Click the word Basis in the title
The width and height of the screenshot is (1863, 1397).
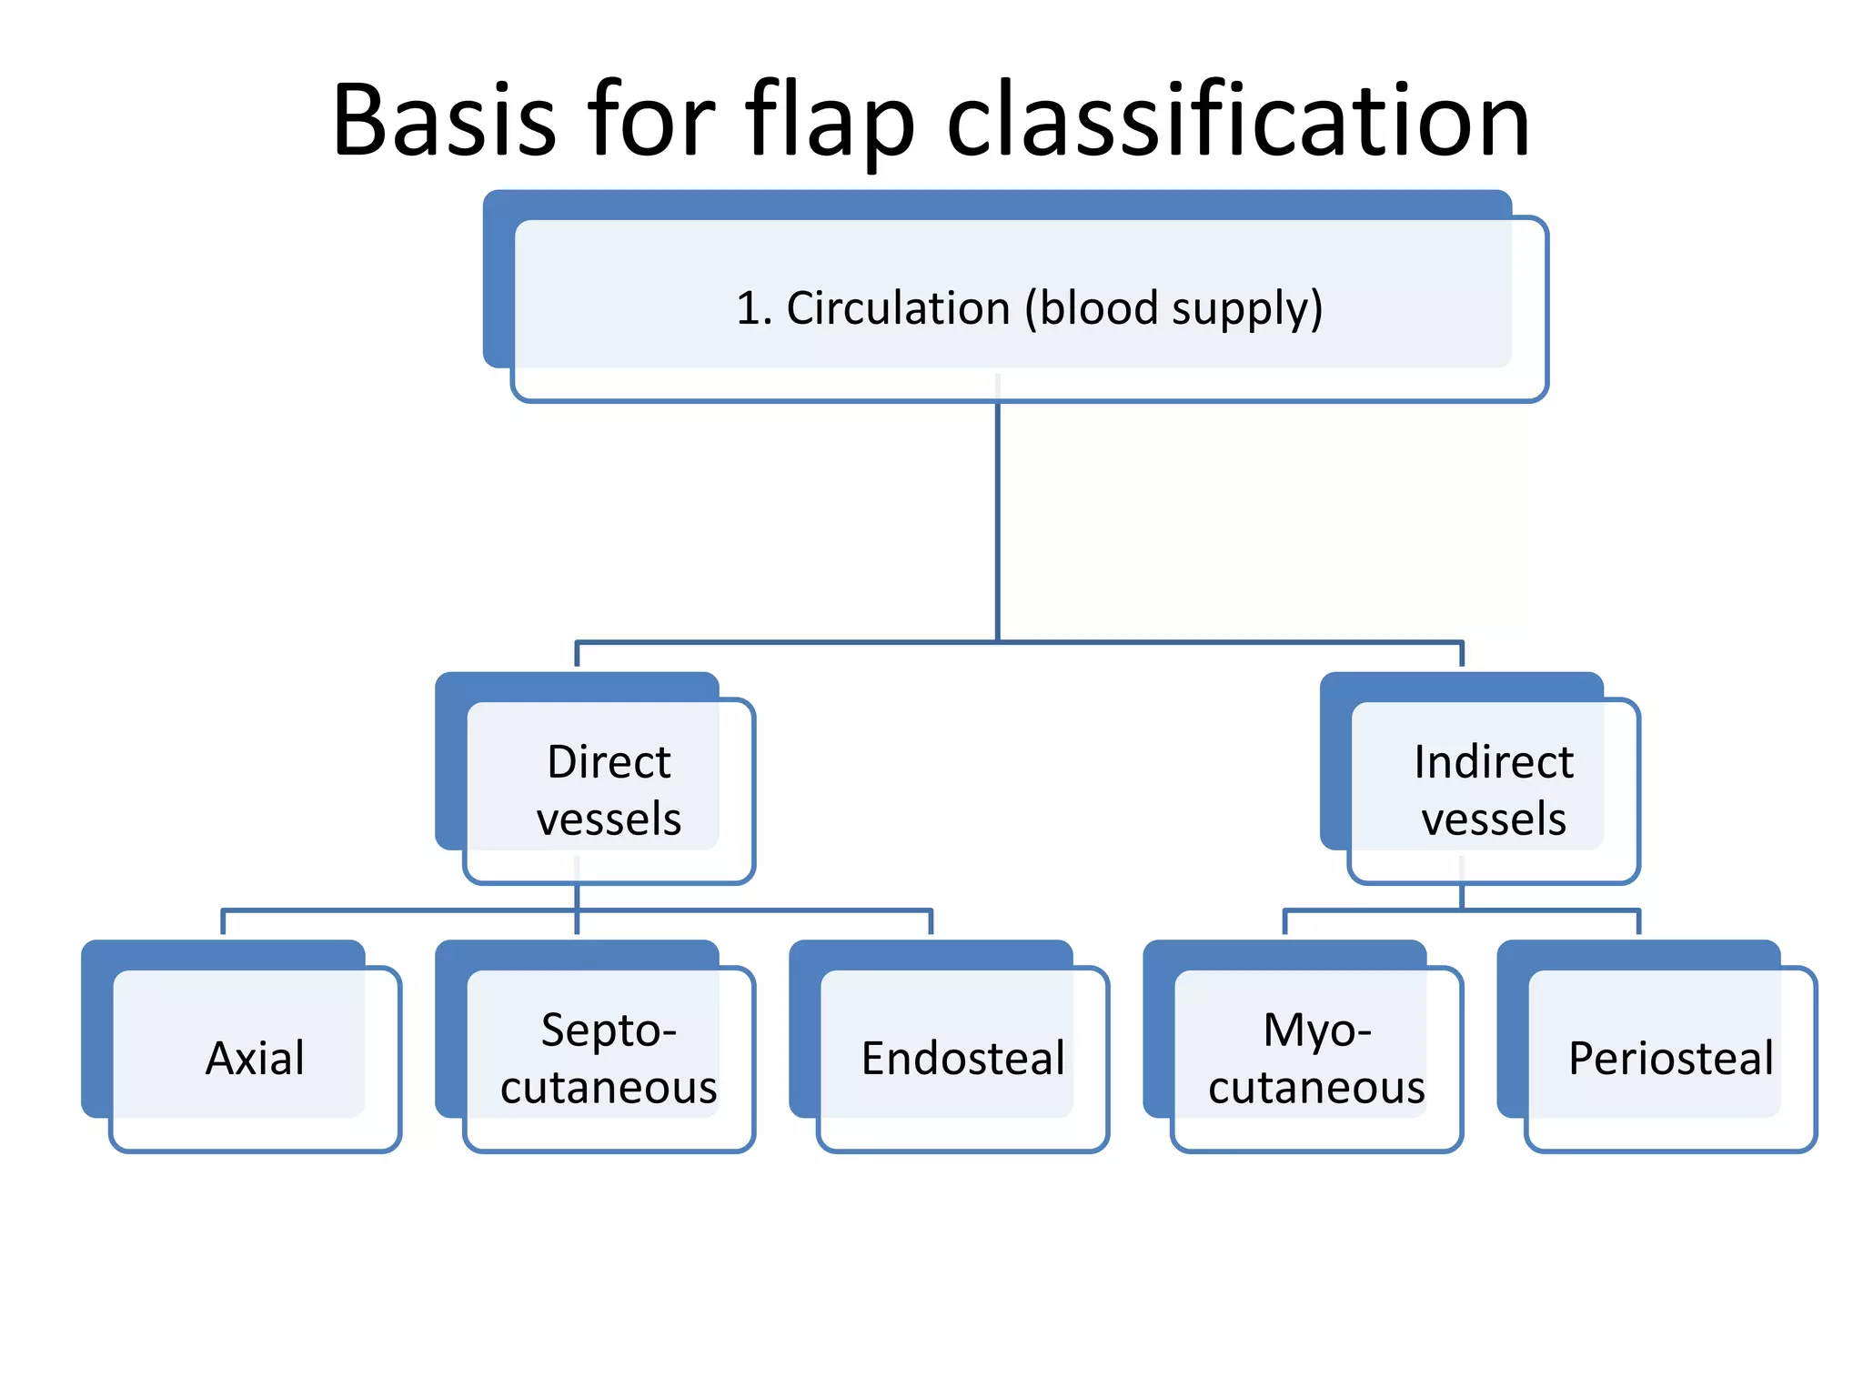tap(444, 120)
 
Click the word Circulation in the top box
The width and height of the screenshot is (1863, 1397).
tap(898, 307)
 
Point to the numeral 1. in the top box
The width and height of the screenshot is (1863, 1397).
tap(753, 307)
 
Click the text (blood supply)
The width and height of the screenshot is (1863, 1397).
tap(1173, 309)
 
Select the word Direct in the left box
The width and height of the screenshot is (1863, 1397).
tap(609, 761)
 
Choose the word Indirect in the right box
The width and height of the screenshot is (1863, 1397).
tap(1493, 761)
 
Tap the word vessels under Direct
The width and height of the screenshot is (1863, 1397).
tap(609, 818)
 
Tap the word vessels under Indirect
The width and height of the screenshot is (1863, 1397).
tap(1493, 818)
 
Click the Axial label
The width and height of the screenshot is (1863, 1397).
tap(255, 1058)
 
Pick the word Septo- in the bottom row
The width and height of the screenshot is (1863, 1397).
tap(609, 1030)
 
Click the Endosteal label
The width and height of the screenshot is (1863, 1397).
tap(962, 1058)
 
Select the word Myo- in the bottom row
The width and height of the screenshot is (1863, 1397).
tap(1316, 1030)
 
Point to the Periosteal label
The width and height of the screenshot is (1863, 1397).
tap(1670, 1058)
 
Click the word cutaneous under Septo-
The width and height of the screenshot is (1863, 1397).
tap(609, 1087)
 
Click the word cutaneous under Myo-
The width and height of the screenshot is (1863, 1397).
tap(1316, 1087)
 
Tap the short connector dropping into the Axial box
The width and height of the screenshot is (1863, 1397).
tap(224, 922)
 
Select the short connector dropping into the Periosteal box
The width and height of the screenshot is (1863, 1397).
tap(1638, 922)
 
